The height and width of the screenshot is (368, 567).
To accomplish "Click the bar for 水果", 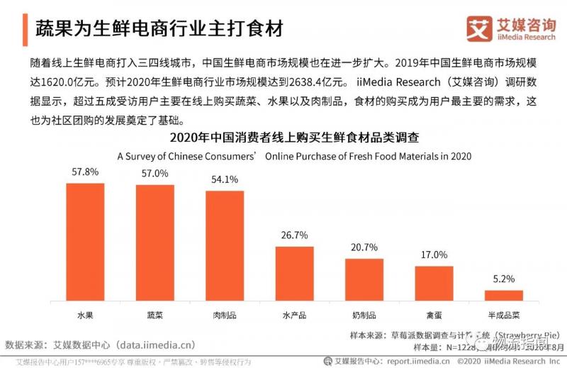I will point(85,242).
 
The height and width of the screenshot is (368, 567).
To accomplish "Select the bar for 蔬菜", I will point(155,242).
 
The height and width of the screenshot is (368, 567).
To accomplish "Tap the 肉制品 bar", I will point(225,245).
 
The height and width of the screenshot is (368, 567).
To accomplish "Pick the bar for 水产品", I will point(295,274).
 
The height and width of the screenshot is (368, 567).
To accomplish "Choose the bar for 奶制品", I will point(364,279).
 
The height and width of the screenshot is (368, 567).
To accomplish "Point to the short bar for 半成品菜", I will point(503,295).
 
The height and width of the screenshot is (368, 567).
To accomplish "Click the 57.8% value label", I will point(85,172).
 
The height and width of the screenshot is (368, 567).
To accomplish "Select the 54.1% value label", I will point(225,179).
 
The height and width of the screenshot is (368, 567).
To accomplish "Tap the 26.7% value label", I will point(295,235).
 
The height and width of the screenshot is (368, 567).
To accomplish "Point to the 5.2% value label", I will point(503,279).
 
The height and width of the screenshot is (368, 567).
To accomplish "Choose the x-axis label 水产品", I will point(295,313).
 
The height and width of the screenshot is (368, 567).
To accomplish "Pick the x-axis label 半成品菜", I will point(503,313).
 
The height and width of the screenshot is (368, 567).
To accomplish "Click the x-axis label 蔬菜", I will point(155,313).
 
